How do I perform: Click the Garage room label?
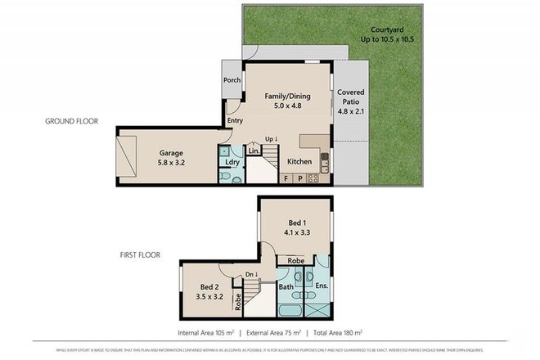coord(171,153)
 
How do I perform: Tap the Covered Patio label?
coord(351,92)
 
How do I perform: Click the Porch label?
coord(232,80)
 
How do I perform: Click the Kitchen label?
coord(299,162)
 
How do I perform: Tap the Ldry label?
coord(232,162)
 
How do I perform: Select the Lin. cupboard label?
coord(254,152)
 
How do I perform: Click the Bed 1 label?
coord(298,222)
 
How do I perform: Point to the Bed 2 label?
coord(209,287)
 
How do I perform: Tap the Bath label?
coord(286,287)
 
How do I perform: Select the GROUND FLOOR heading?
coord(71,121)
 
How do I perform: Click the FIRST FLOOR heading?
coord(133,255)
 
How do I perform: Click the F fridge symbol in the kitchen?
coord(287,178)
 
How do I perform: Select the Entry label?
coord(236,121)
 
